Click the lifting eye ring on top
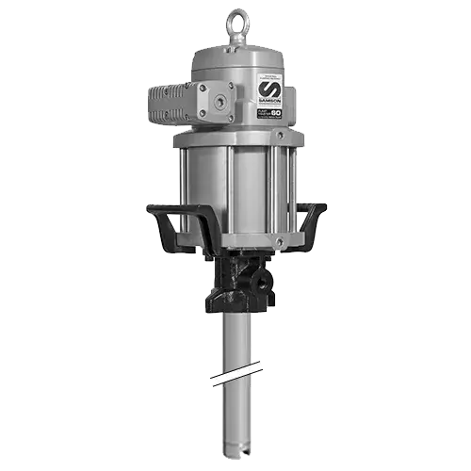coord(236,21)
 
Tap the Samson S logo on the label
coord(268,89)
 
